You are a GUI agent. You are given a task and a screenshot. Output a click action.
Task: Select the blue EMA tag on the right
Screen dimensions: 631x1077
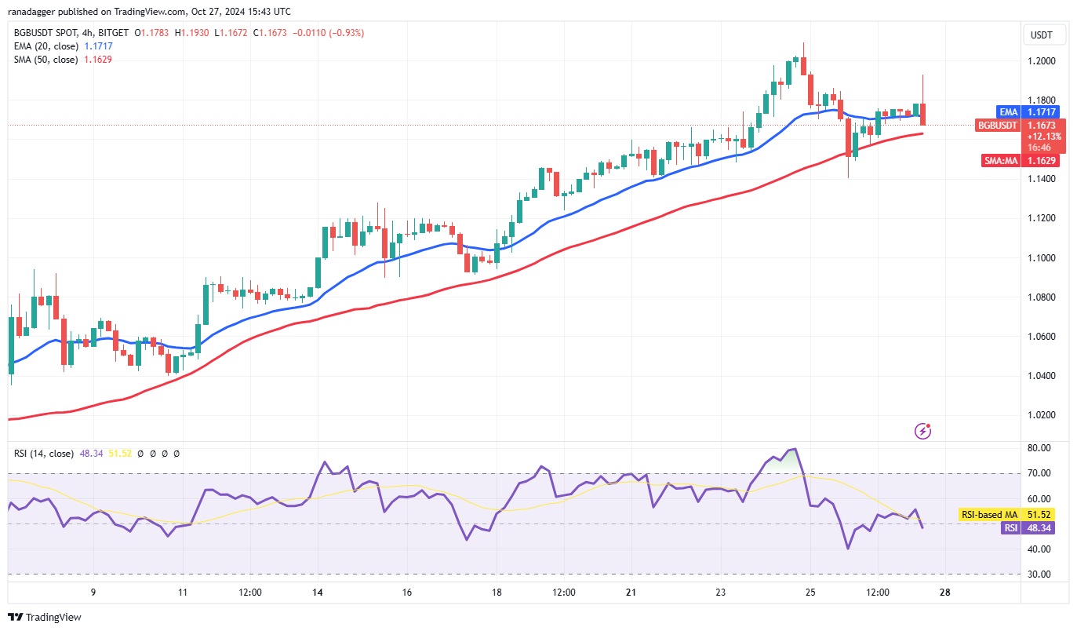[1007, 112]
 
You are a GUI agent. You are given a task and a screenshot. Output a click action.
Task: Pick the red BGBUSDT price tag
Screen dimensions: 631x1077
[997, 125]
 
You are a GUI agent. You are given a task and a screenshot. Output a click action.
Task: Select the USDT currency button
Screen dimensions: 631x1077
[1041, 35]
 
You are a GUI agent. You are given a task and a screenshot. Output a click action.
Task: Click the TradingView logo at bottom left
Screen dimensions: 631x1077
[45, 617]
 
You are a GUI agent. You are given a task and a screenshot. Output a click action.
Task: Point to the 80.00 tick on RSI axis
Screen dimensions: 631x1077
[1039, 448]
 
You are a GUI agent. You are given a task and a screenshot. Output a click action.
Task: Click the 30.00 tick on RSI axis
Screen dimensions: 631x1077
[1039, 574]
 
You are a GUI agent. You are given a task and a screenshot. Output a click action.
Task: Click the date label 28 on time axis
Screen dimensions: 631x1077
[944, 592]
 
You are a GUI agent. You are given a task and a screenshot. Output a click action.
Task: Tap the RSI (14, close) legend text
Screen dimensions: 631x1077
[43, 454]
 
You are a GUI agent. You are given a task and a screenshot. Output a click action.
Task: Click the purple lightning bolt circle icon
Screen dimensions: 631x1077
[923, 430]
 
